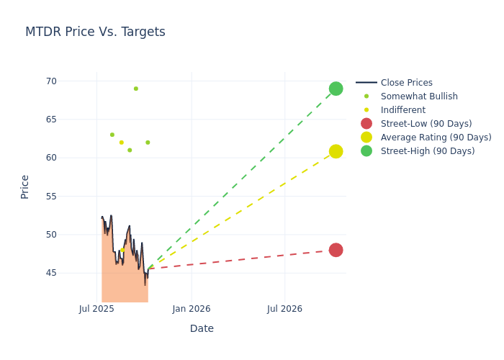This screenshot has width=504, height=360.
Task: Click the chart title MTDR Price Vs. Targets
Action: pos(95,32)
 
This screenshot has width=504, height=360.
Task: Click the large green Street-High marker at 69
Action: pos(336,89)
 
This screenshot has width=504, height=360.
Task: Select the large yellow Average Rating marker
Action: pos(336,151)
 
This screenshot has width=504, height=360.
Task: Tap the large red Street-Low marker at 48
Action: pos(336,250)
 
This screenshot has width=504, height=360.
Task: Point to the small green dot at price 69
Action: pos(135,89)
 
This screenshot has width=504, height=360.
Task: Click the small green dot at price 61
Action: pos(130,150)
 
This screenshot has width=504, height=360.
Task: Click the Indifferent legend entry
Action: pos(402,110)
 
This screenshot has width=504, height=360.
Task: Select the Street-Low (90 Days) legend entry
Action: pos(426,124)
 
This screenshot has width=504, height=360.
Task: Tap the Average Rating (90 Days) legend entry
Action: pos(436,138)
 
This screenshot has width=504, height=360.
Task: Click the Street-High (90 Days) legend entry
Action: pos(427,151)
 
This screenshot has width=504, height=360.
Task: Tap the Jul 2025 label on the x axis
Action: pos(97,309)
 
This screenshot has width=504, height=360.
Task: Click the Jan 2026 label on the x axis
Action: pos(192,309)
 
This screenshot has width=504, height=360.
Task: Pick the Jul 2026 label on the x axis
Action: pos(284,309)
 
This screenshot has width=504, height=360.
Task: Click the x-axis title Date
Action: pos(202,329)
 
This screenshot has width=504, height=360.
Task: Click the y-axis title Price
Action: pos(25,186)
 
